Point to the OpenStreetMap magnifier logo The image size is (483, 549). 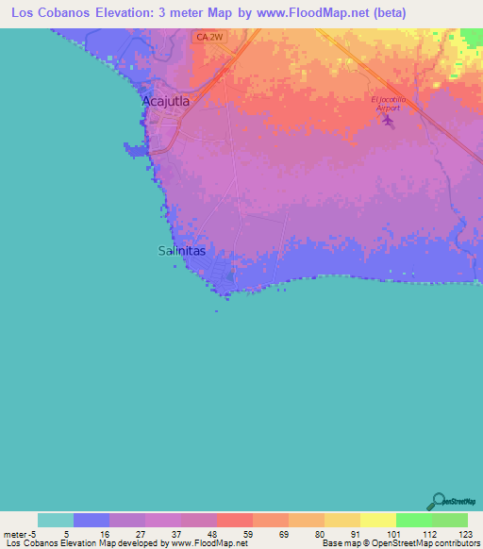coord(440,500)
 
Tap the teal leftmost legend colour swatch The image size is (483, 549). coord(55,520)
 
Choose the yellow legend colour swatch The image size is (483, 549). coord(377,520)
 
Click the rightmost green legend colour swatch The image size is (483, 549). coord(450,520)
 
